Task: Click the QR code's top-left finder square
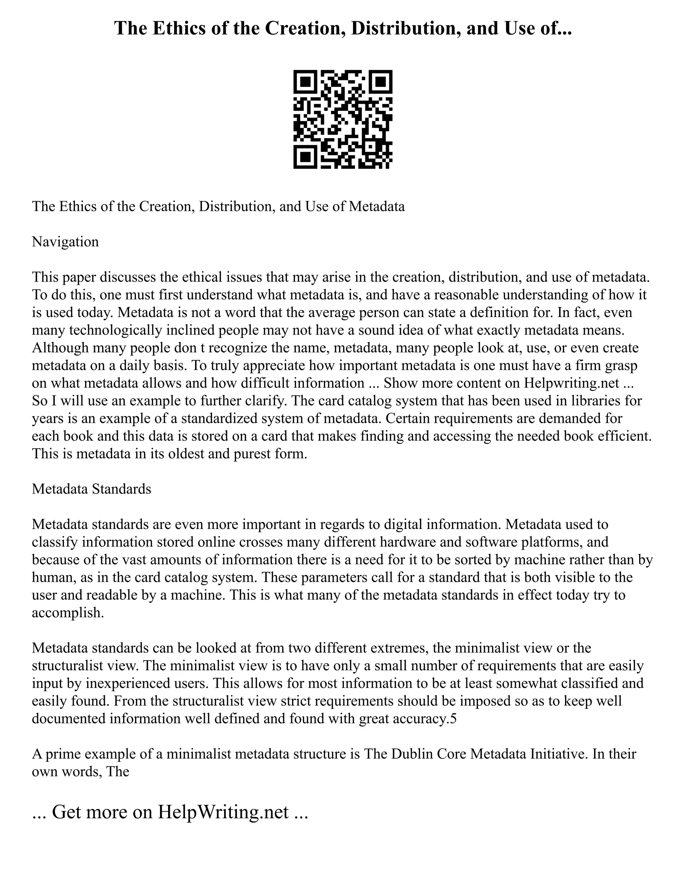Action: [305, 82]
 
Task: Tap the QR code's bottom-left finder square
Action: [305, 156]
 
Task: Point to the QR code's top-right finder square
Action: [381, 82]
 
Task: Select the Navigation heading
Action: [65, 242]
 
